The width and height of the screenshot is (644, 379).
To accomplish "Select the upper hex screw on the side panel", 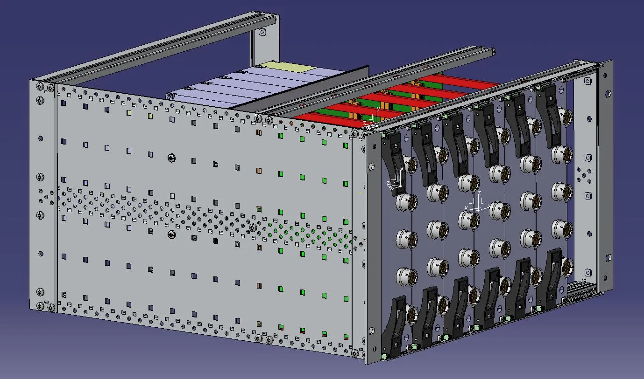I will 171,158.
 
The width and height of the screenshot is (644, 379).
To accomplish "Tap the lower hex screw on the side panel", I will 171,235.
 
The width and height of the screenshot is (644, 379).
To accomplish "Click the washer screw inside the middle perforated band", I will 253,227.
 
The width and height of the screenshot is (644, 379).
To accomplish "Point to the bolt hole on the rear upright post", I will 262,33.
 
